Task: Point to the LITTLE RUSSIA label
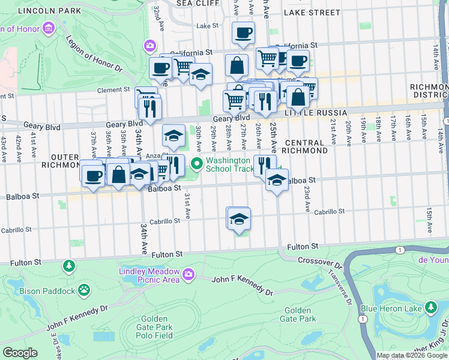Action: point(316,113)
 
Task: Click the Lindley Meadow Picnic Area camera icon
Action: point(189,274)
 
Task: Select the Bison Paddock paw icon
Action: point(86,291)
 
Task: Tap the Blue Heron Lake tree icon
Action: point(430,308)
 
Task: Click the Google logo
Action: point(20,353)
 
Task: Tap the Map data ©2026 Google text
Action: point(412,355)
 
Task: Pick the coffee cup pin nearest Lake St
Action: point(243,32)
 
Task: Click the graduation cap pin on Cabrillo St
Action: point(238,218)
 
